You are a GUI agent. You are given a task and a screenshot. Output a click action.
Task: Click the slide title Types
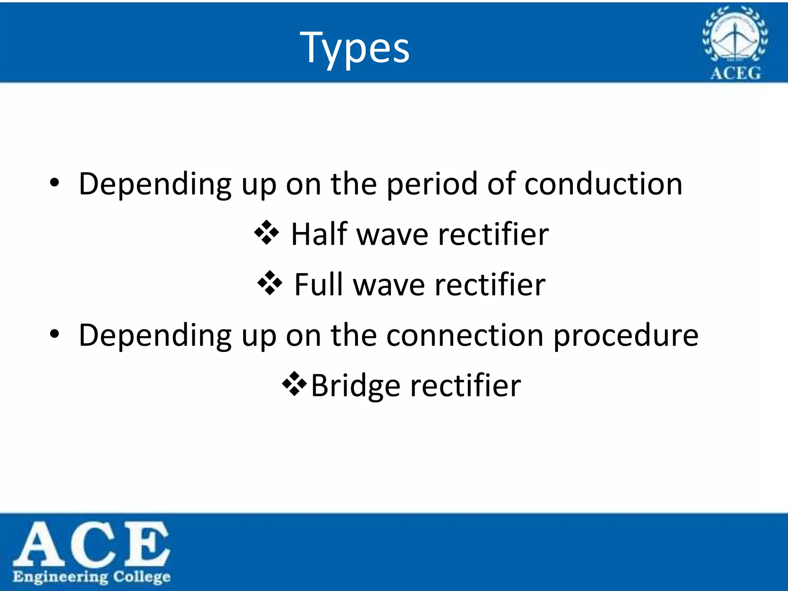tap(355, 48)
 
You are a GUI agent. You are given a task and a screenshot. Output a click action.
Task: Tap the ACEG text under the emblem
tap(735, 73)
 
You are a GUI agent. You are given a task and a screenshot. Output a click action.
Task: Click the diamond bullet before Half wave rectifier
tap(266, 233)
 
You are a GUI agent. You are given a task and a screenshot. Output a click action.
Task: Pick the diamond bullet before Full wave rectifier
tap(269, 283)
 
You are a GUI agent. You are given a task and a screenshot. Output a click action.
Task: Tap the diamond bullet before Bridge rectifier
tap(294, 384)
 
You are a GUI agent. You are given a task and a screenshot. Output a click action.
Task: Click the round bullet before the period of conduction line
tap(55, 183)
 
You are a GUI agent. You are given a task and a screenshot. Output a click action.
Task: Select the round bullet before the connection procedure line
tap(55, 334)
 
